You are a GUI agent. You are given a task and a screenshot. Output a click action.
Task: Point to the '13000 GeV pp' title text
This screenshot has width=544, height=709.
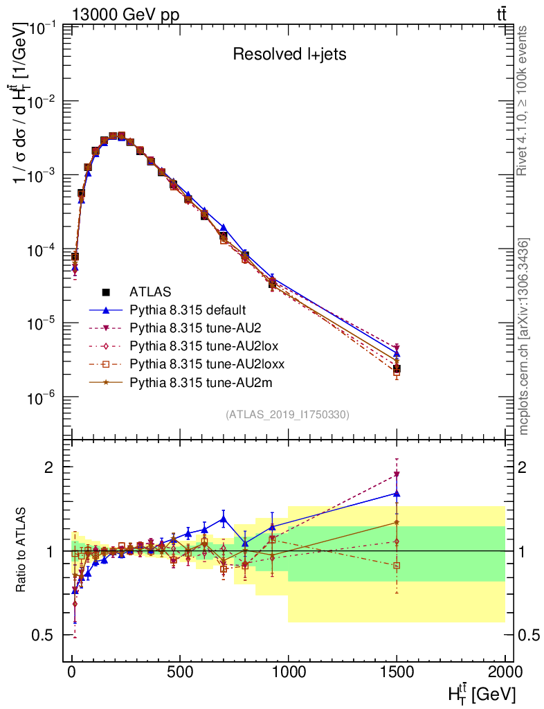[x=126, y=15]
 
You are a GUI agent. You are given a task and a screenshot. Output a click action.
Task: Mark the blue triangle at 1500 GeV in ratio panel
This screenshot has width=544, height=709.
[x=397, y=494]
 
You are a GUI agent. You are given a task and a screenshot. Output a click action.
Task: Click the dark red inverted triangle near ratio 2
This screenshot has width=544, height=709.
[x=397, y=474]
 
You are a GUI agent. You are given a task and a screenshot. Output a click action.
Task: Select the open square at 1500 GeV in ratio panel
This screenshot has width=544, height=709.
[x=397, y=565]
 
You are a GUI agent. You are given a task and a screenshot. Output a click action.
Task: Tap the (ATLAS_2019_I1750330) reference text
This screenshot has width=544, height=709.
[x=287, y=415]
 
